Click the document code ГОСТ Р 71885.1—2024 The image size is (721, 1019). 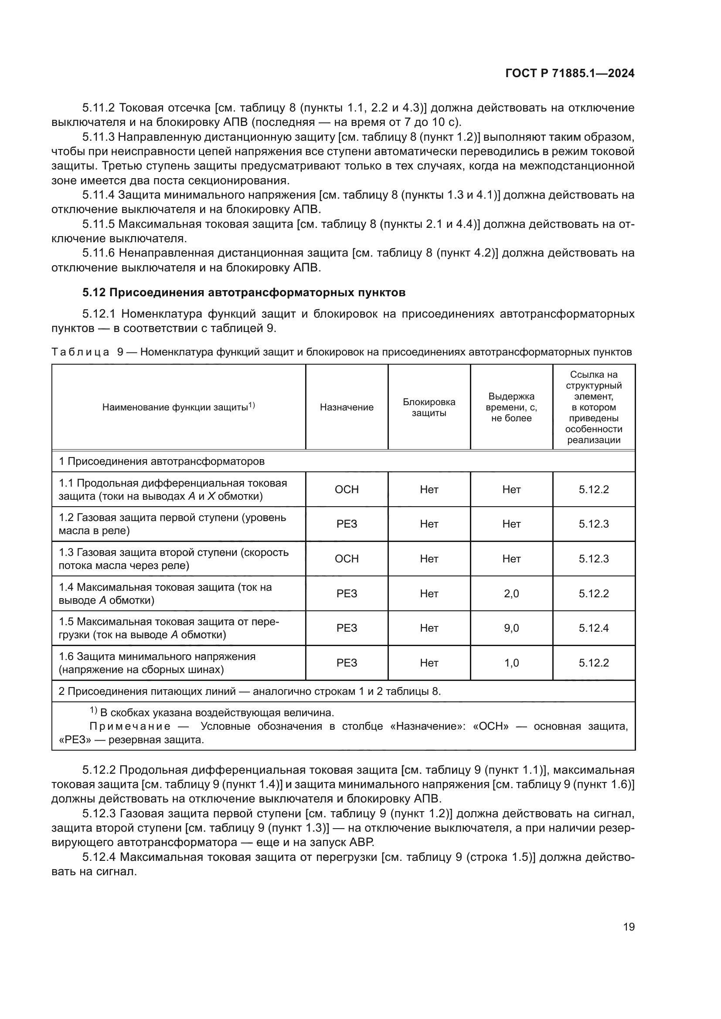pyautogui.click(x=570, y=74)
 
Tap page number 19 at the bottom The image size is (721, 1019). pyautogui.click(x=629, y=927)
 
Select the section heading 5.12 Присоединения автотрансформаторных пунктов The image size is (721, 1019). pyautogui.click(x=244, y=292)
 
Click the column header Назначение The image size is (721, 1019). pyautogui.click(x=347, y=407)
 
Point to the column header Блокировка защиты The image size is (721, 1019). pyautogui.click(x=429, y=407)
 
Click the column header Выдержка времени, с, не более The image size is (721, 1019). pyautogui.click(x=511, y=407)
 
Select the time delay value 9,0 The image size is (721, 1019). pyautogui.click(x=511, y=628)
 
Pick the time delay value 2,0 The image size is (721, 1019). pyautogui.click(x=511, y=593)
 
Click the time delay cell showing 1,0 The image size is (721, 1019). pyautogui.click(x=511, y=663)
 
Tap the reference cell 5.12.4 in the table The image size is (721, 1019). pyautogui.click(x=594, y=628)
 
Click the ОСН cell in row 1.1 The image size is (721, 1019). pyautogui.click(x=347, y=490)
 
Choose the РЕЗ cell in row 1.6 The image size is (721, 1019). pyautogui.click(x=347, y=663)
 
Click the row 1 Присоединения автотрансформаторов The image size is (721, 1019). pyautogui.click(x=162, y=461)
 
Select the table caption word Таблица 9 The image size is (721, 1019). pyautogui.click(x=87, y=352)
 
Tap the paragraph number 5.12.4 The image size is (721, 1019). pyautogui.click(x=99, y=857)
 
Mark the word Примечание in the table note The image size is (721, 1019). pyautogui.click(x=129, y=727)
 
